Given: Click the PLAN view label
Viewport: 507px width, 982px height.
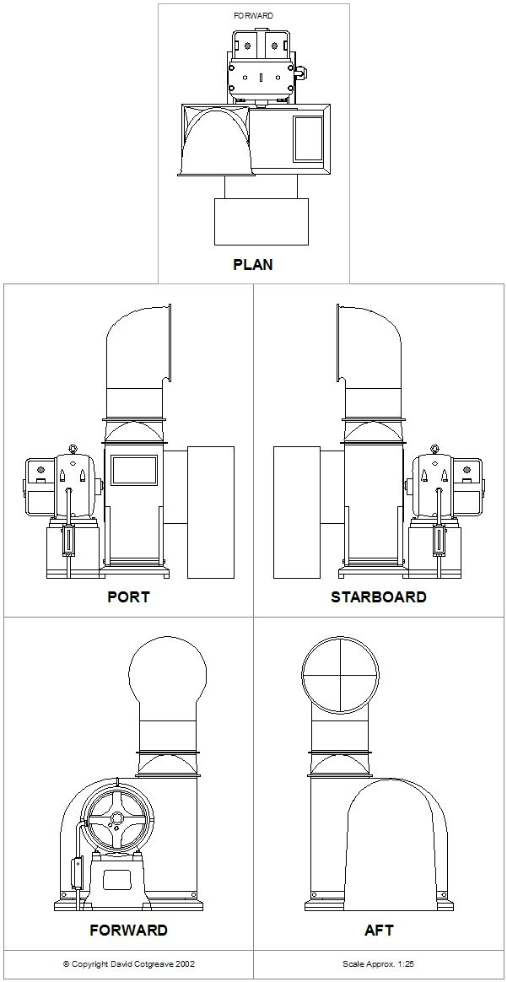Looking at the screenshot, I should (253, 264).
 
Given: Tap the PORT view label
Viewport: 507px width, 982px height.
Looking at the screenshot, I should (128, 596).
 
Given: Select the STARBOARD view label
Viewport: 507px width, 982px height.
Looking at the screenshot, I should (378, 596).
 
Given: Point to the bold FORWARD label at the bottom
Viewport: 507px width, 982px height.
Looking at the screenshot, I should (128, 930).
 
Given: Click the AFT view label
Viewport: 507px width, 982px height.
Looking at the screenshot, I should (379, 930).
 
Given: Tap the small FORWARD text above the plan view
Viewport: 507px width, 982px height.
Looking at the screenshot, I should (253, 15).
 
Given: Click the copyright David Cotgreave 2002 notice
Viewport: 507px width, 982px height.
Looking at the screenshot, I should (128, 963).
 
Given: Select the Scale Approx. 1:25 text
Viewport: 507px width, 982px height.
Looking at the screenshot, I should (378, 963).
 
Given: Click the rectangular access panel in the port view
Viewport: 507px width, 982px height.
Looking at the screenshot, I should (134, 470).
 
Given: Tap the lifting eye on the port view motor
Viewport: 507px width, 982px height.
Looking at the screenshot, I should (73, 449).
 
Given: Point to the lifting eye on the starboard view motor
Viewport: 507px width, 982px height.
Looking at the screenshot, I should (434, 449).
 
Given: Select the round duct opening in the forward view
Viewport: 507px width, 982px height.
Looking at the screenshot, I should (169, 673).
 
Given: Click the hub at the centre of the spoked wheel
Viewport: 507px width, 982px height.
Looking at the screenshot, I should (121, 819).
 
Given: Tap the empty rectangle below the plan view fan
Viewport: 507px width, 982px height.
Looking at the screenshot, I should (262, 221).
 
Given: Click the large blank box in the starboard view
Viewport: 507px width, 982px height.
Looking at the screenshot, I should (297, 512).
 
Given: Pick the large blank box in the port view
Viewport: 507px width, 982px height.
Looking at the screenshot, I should (210, 512).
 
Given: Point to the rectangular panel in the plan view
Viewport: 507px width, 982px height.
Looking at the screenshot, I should (308, 138).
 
